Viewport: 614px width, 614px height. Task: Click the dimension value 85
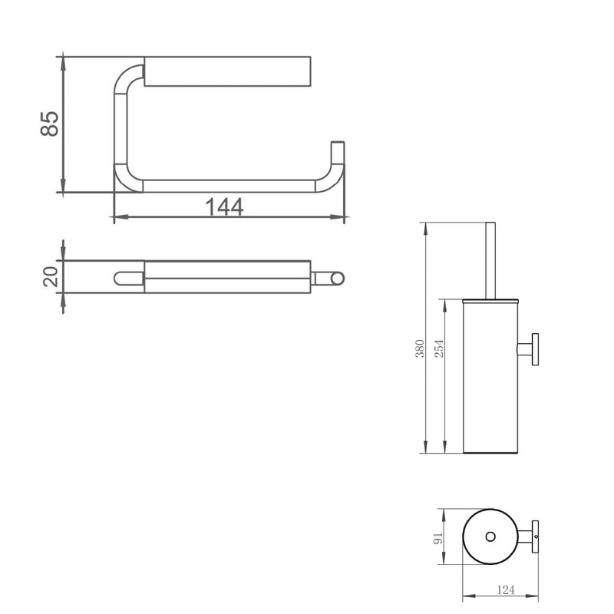click(49, 124)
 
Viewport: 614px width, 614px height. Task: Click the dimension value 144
click(224, 206)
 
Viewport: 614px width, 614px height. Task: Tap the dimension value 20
click(51, 276)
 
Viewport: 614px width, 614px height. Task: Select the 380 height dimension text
click(420, 348)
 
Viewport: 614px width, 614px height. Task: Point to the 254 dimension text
click(439, 348)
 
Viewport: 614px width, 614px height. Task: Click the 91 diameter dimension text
click(438, 538)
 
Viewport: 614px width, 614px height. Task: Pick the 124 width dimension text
click(506, 589)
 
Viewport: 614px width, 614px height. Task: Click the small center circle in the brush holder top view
click(490, 536)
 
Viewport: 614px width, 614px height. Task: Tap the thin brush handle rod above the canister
click(490, 261)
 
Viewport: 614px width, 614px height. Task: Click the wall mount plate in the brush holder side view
click(535, 350)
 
